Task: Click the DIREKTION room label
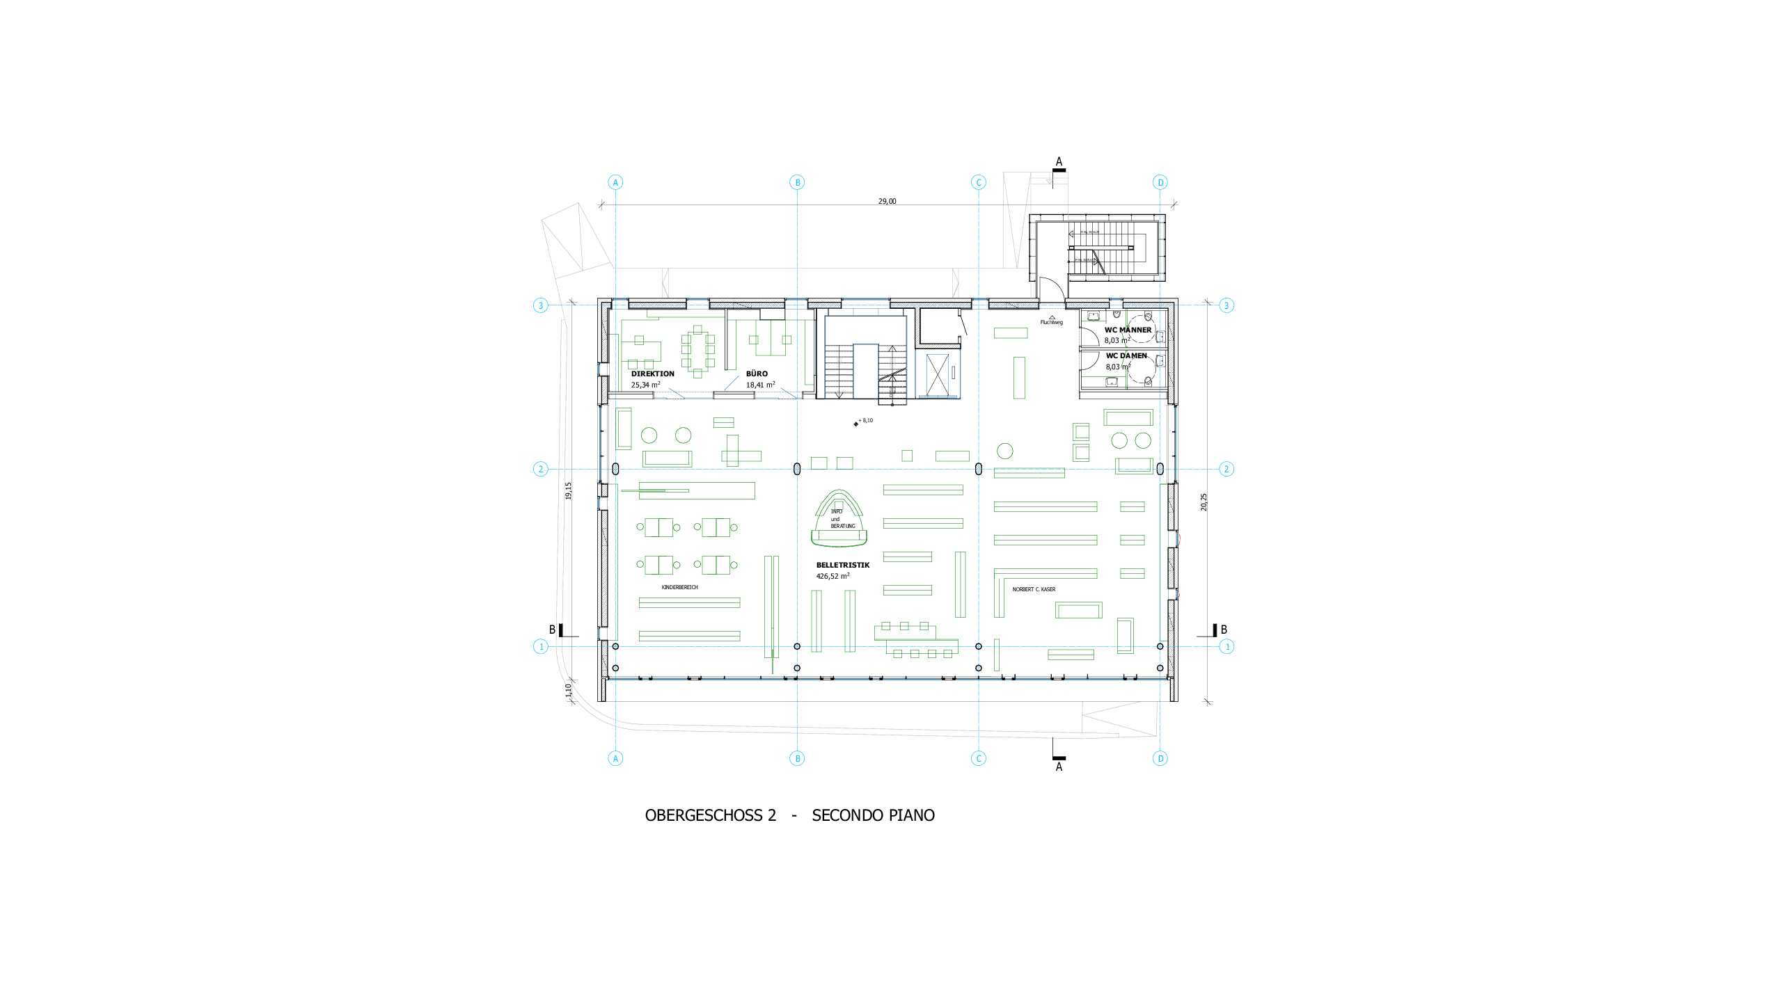click(x=652, y=374)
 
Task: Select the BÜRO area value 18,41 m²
click(x=760, y=385)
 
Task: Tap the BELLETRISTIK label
click(x=842, y=565)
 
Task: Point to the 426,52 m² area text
click(x=833, y=576)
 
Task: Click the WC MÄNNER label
click(x=1128, y=330)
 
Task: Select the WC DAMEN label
click(x=1126, y=355)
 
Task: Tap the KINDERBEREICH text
click(x=679, y=587)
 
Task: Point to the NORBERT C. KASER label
click(x=1033, y=589)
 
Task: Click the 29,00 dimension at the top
click(x=887, y=201)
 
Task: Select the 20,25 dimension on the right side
click(x=1204, y=502)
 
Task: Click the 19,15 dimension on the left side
click(x=568, y=490)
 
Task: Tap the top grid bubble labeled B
click(x=797, y=182)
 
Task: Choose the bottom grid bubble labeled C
click(x=978, y=758)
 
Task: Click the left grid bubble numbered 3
click(x=540, y=305)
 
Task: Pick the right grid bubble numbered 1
click(x=1226, y=646)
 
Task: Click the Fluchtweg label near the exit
click(x=1051, y=322)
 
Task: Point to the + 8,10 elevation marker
click(x=864, y=421)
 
